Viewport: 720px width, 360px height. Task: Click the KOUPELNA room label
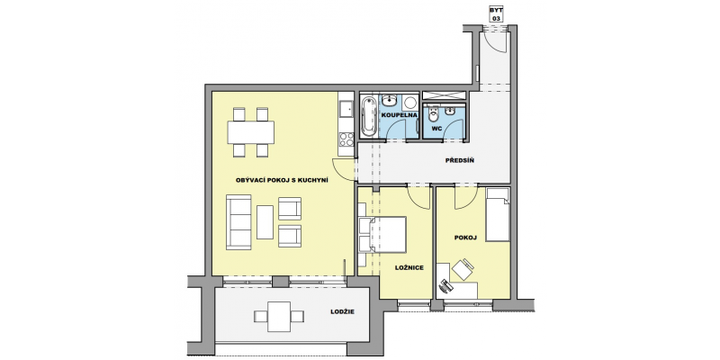399,115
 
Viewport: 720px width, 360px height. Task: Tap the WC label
436,129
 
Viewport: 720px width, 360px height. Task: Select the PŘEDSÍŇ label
459,161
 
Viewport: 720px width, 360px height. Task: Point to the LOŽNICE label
409,267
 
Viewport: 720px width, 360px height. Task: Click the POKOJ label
465,238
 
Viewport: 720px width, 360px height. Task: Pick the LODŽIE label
343,311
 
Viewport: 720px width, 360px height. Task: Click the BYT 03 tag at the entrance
496,14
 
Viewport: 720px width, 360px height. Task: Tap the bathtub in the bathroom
368,117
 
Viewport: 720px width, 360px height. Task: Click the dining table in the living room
251,132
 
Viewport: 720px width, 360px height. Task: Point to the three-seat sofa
238,222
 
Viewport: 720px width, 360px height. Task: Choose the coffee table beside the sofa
265,221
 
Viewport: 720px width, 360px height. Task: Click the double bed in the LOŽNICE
382,234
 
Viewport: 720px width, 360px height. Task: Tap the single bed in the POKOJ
498,214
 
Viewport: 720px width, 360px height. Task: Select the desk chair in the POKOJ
463,269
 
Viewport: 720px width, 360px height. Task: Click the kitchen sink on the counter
346,109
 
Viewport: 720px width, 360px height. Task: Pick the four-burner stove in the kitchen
346,139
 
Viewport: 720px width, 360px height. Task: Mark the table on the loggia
279,317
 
